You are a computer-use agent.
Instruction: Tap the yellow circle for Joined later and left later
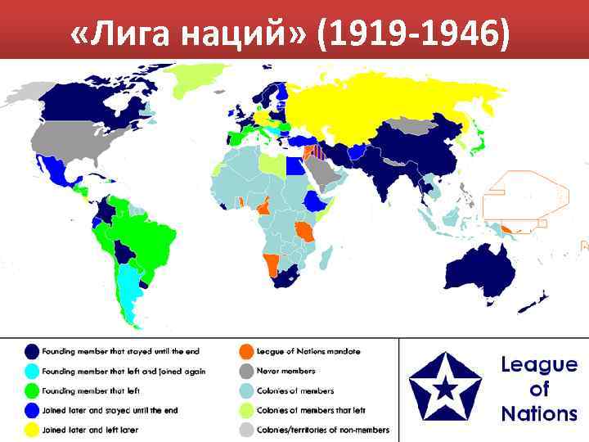[32, 430]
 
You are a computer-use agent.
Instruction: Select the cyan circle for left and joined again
[32, 371]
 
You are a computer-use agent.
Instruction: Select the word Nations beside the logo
[538, 413]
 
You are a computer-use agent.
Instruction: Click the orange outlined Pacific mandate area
[524, 196]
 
